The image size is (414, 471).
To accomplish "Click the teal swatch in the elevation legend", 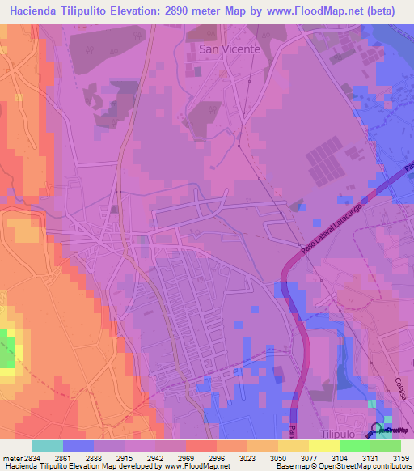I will tap(48, 447).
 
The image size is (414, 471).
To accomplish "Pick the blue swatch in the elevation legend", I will tap(78, 447).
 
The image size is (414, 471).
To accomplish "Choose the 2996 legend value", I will tap(217, 458).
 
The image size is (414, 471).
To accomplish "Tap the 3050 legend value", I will tap(277, 458).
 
